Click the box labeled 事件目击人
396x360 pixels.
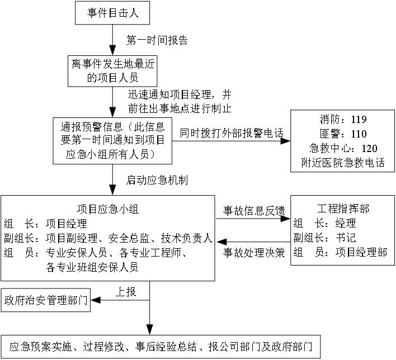coord(112,13)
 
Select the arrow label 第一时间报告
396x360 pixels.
coord(157,40)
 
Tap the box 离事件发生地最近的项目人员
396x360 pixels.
coord(112,71)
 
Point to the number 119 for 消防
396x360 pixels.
coord(359,120)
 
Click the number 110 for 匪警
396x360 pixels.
coord(359,134)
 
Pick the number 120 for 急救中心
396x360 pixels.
coord(369,149)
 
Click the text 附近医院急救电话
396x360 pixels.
coord(343,163)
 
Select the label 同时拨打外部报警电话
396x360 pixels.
coord(232,133)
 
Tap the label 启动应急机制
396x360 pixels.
coord(157,180)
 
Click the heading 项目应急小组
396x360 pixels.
coord(108,209)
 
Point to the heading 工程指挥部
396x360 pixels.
coord(343,209)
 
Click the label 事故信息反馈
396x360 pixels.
coord(254,211)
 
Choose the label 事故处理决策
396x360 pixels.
coord(254,253)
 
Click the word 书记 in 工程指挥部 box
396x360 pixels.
coord(346,238)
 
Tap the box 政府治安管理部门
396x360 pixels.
coord(46,300)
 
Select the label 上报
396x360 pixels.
coord(125,292)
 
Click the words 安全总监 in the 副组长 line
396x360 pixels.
coord(129,238)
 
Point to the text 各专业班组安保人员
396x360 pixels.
coord(92,267)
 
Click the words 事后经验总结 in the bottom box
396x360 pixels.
coord(166,347)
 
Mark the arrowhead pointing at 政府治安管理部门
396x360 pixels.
coord(96,300)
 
